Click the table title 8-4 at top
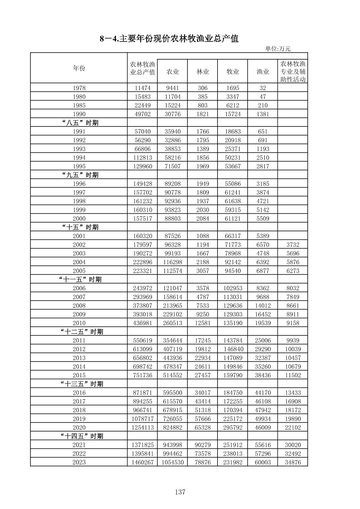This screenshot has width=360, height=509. [169, 39]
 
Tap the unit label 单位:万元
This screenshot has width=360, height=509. [278, 49]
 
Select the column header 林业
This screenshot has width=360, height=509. [202, 72]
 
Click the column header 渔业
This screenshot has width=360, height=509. [262, 72]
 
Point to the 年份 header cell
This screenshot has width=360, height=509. [79, 68]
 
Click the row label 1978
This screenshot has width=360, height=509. [79, 88]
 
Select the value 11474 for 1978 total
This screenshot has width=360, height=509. [143, 88]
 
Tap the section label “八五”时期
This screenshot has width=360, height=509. [80, 123]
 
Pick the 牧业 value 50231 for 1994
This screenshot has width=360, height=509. [233, 158]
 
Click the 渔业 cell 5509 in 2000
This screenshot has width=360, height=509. [262, 219]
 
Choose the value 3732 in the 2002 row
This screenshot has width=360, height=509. [293, 245]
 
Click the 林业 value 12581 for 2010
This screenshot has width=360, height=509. [202, 323]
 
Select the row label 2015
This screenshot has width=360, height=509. [79, 375]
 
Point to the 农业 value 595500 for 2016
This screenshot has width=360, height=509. [173, 393]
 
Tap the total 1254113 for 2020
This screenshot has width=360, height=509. [143, 428]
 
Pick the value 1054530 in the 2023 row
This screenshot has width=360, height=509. [173, 462]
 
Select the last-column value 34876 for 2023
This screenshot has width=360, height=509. [293, 462]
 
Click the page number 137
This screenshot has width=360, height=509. [180, 492]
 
